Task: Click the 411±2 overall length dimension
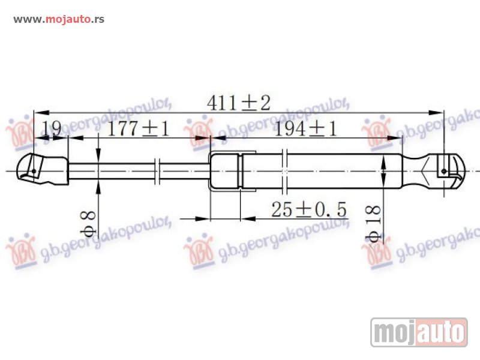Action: click(x=238, y=103)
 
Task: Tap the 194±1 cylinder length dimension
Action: click(x=305, y=129)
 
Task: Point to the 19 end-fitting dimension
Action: click(x=52, y=128)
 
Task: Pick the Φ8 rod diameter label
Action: click(x=88, y=222)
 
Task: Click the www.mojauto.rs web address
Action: click(x=59, y=19)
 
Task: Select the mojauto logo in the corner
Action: click(x=418, y=332)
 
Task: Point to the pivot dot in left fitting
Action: click(x=34, y=172)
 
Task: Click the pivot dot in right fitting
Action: click(x=443, y=171)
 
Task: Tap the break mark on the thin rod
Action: click(x=157, y=170)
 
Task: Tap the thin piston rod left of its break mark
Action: click(x=114, y=171)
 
